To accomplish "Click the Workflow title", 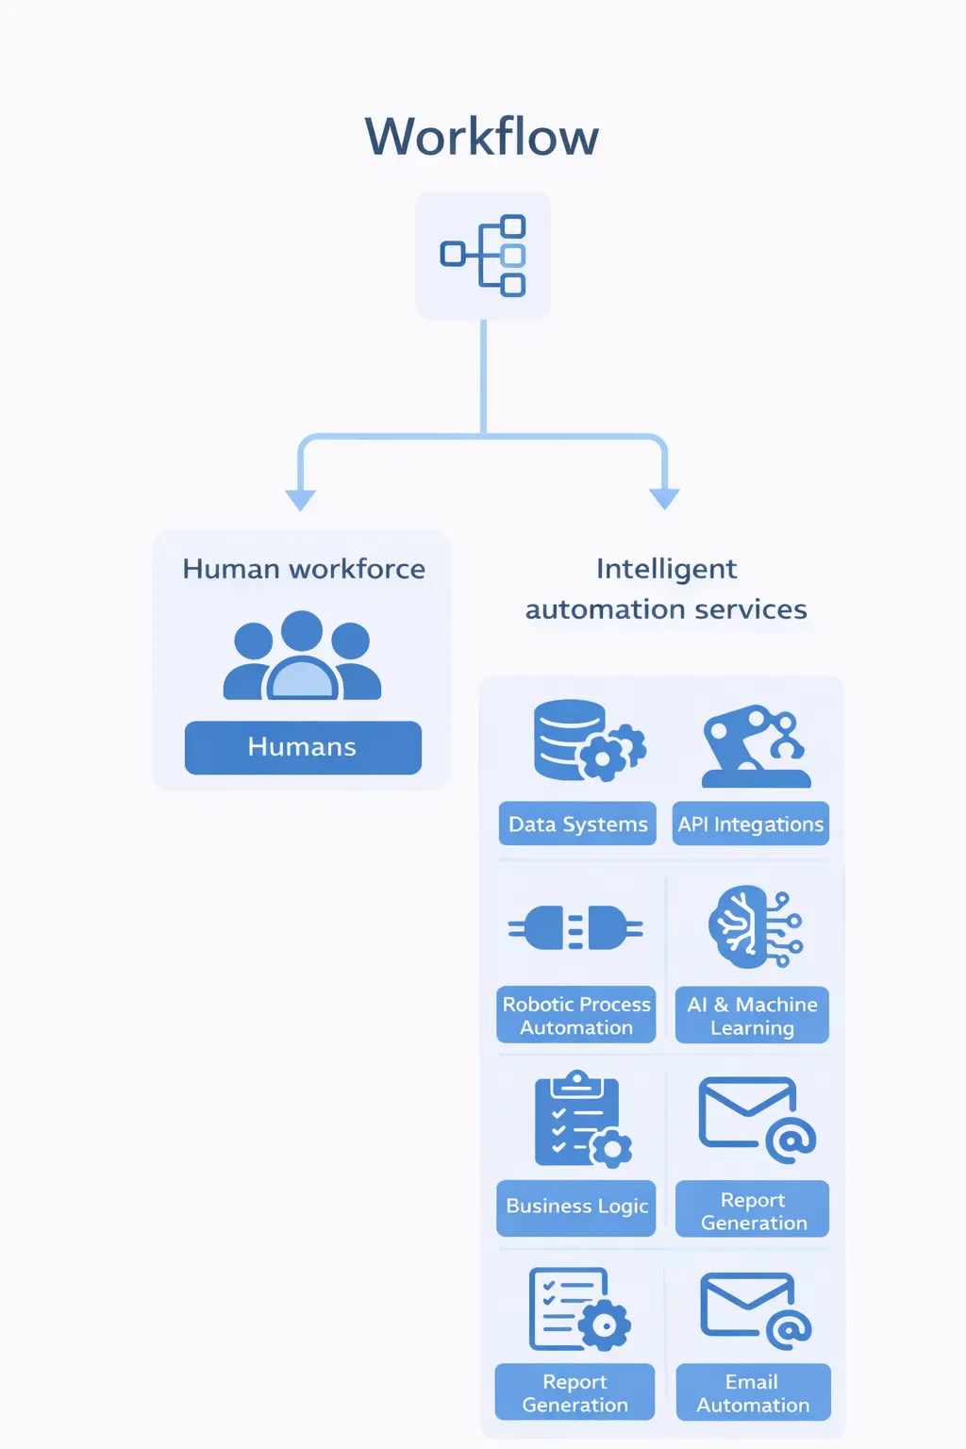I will [482, 137].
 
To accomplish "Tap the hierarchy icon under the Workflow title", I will [483, 255].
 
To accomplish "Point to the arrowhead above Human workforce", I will [300, 499].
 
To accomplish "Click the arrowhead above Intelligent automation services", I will [664, 499].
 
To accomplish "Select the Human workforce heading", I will [303, 569].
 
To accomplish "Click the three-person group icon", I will [302, 656].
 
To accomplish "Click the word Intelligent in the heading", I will [666, 569].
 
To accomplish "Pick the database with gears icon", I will [587, 741].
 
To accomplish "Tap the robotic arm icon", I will [755, 745].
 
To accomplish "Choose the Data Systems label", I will [577, 824].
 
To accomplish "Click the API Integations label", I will [751, 824].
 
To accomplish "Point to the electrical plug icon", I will [575, 928].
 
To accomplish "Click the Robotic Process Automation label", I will [576, 1015].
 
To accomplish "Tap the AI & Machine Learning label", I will [752, 1015].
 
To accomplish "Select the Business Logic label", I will [576, 1207].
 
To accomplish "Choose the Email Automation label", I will [753, 1392].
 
